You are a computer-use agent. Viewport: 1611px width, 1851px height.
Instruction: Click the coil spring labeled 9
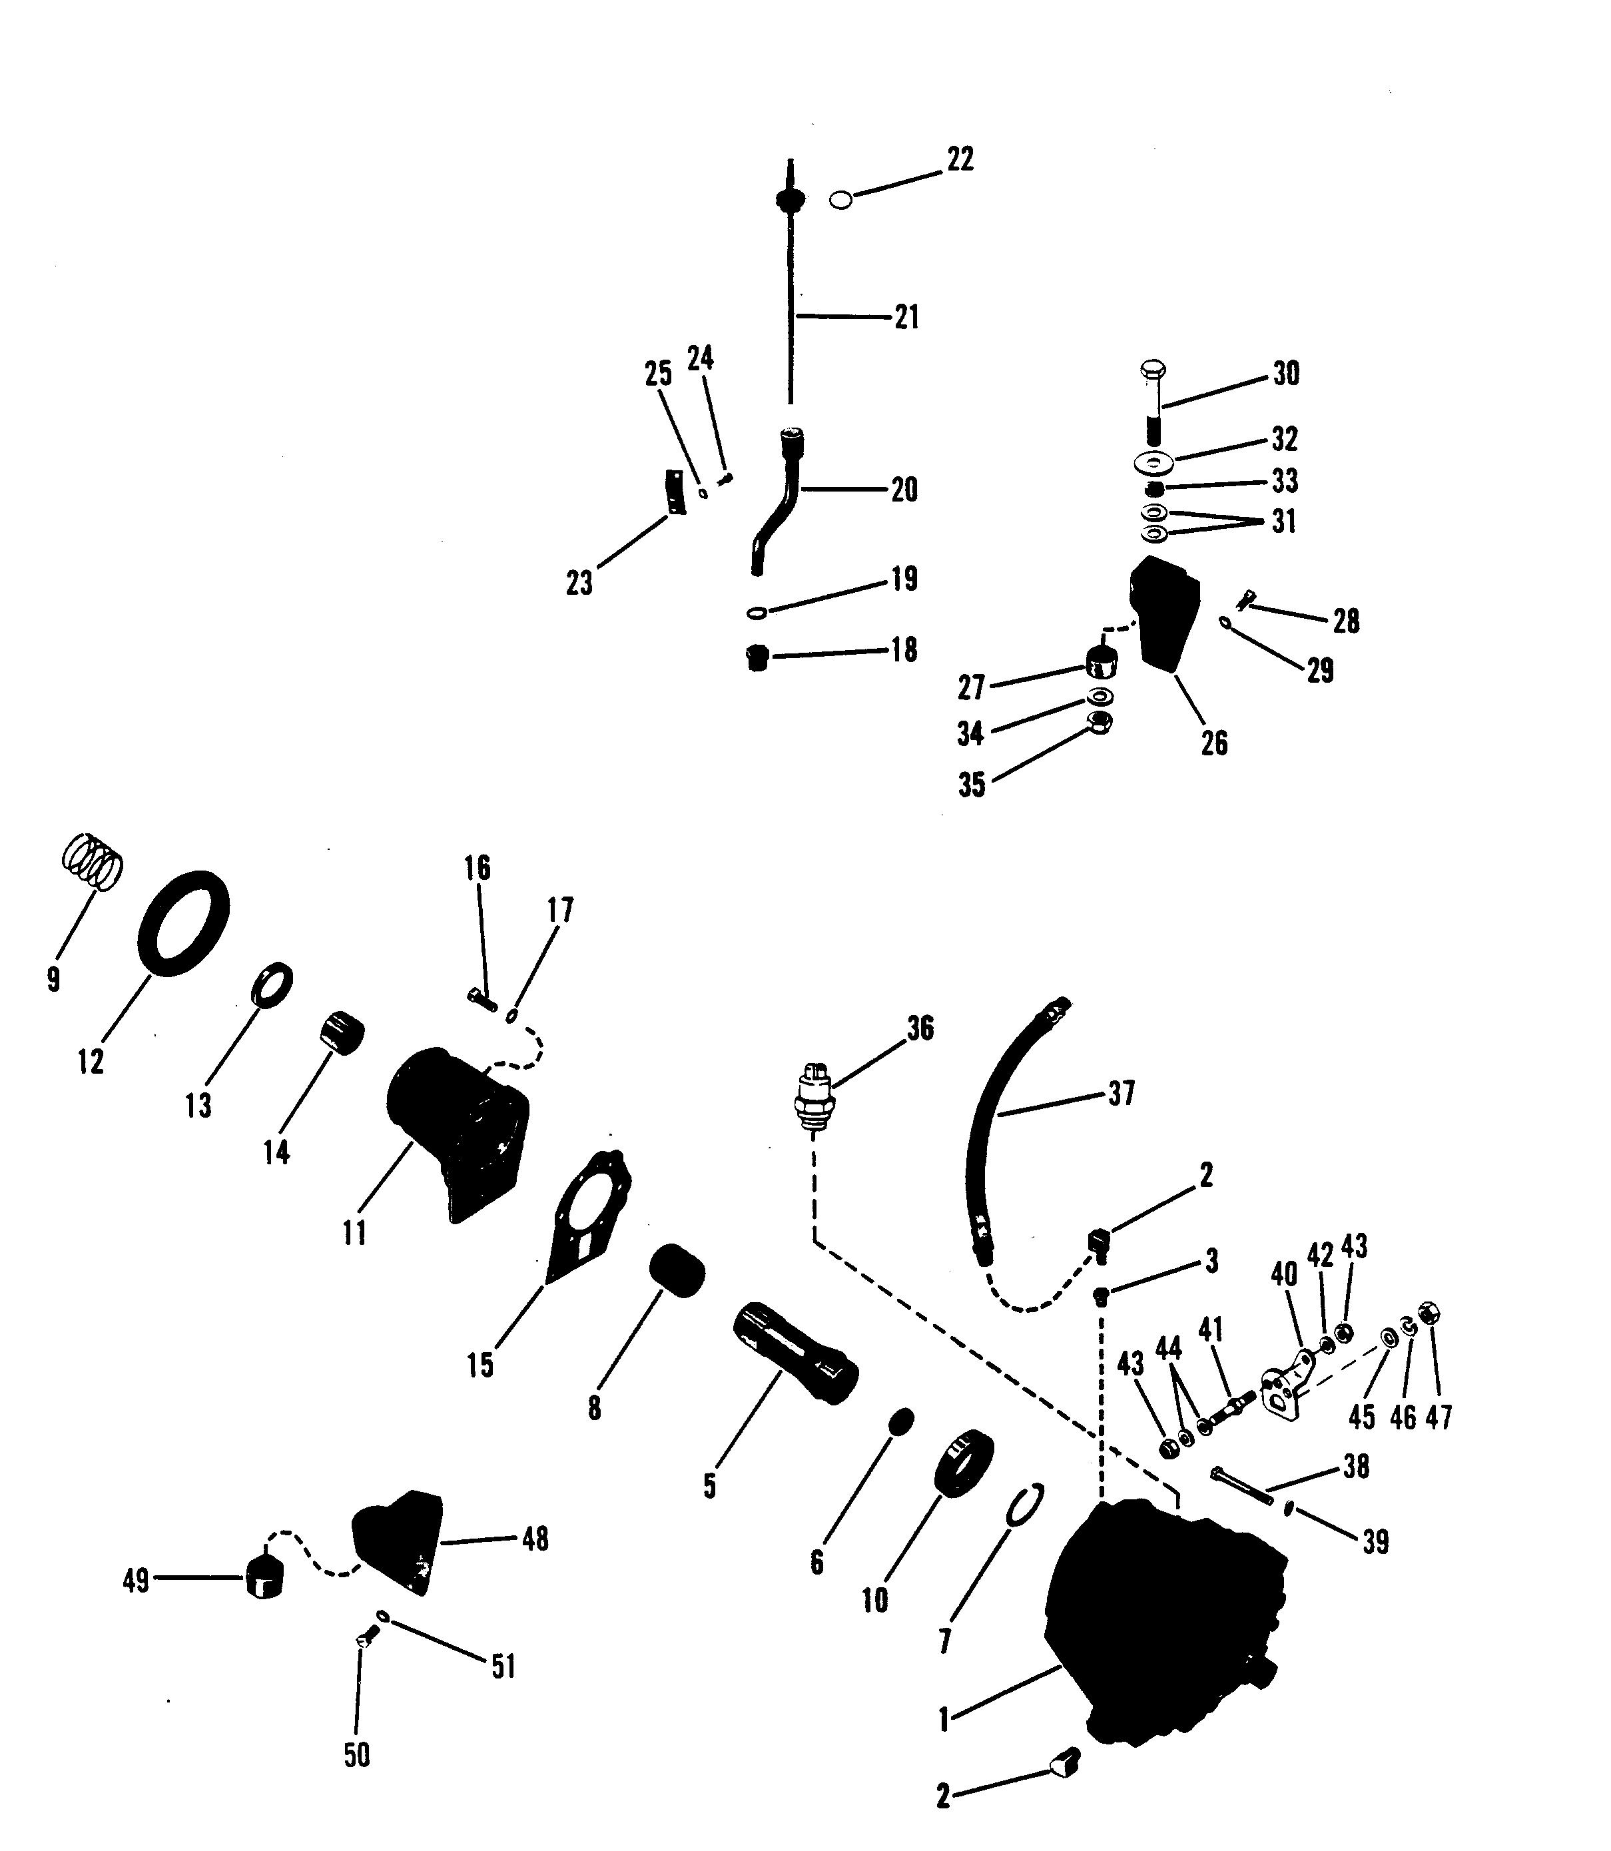[93, 861]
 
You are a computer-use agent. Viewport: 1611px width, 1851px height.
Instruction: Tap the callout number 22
[960, 160]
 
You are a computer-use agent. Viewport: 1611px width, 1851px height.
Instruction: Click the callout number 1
[944, 1720]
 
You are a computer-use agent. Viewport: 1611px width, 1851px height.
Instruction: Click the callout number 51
[503, 1666]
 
